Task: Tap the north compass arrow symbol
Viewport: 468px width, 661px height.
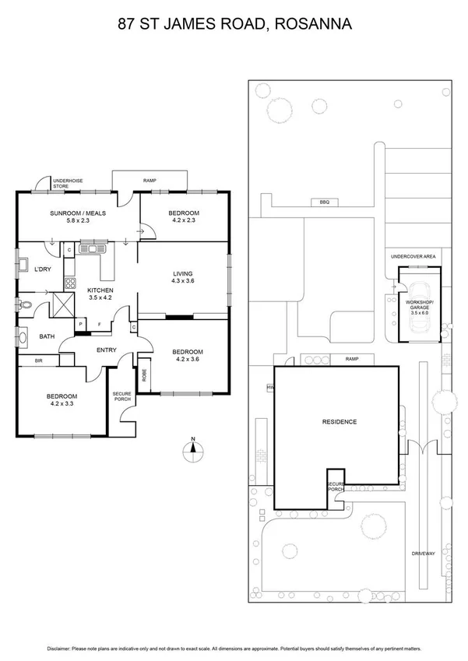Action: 195,447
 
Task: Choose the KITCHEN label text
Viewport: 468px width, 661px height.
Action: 100,292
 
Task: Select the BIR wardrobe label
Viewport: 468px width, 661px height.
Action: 38,360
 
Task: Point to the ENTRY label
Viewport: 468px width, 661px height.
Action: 106,350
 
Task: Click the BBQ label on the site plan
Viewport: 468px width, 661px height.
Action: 324,202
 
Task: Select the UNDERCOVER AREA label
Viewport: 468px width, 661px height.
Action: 413,256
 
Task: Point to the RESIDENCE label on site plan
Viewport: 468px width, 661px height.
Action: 339,422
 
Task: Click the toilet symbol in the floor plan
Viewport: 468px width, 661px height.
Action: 28,306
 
